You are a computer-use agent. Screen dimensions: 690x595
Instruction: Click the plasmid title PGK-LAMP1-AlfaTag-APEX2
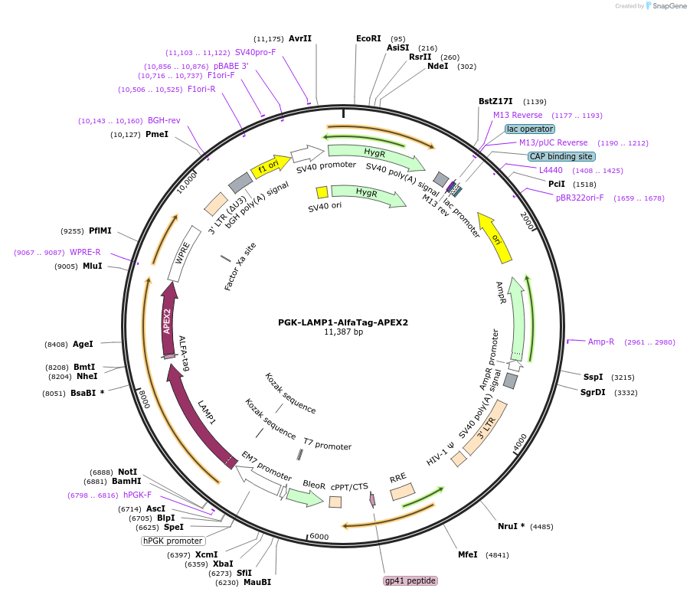pos(343,322)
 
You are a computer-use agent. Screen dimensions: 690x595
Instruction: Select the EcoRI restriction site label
pos(368,39)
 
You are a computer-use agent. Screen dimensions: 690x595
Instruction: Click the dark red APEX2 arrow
pos(168,320)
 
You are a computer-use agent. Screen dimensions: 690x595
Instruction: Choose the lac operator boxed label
pos(530,129)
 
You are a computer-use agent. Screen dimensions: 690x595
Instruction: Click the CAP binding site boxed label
pos(561,156)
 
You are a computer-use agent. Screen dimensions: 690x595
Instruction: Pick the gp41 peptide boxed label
pos(410,580)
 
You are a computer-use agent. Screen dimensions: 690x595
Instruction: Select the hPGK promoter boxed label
pos(172,541)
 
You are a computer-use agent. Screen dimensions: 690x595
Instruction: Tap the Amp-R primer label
pos(600,342)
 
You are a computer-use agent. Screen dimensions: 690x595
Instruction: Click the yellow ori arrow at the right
pos(495,238)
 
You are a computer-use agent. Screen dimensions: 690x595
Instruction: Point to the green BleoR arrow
pos(306,497)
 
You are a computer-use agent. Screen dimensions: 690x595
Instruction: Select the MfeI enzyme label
pos(467,554)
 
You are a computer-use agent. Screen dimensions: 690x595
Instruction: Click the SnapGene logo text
pos(669,5)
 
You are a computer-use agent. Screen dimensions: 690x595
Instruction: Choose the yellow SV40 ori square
pos(322,192)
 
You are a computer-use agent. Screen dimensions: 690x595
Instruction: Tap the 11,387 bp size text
pos(343,332)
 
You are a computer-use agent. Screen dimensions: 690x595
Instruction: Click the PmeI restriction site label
pos(157,134)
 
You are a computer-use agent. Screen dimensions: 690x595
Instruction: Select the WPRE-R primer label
pos(85,252)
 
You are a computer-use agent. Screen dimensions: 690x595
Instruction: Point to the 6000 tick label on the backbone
pos(319,537)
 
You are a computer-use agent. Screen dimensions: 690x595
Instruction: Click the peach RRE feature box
pos(403,492)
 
